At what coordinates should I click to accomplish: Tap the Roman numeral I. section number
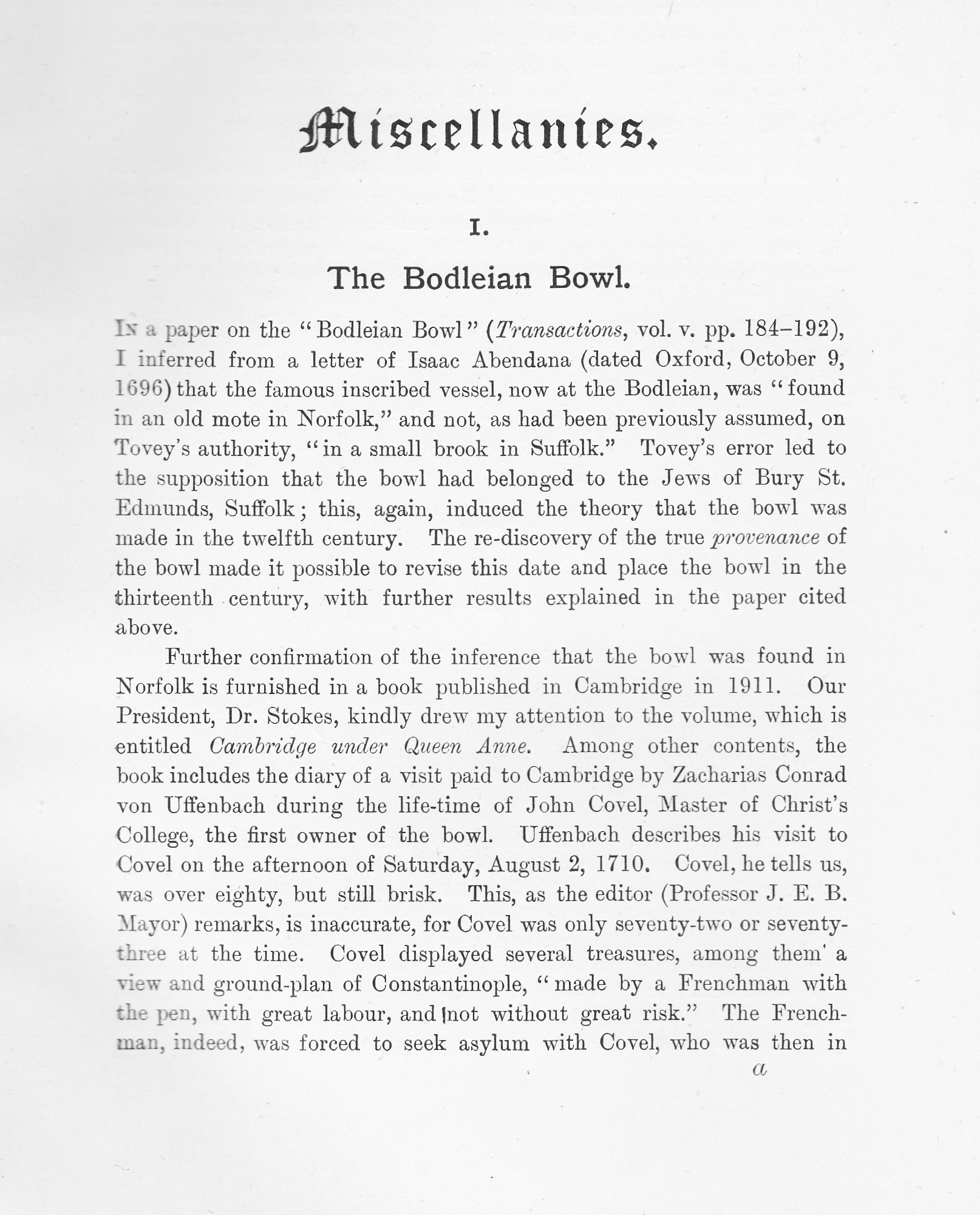click(x=479, y=230)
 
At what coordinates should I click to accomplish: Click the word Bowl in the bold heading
click(x=589, y=278)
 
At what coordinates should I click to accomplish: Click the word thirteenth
click(x=164, y=598)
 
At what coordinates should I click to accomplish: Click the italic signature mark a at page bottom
click(x=760, y=1069)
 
